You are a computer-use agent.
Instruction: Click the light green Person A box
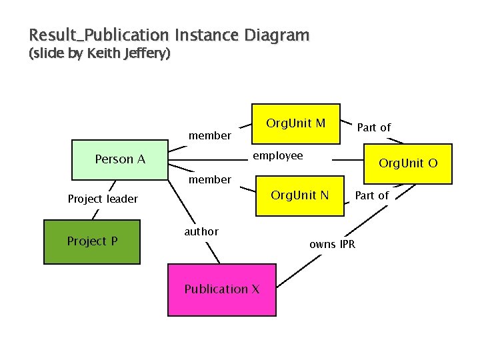tap(119, 160)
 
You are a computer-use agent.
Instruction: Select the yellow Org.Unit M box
tap(295, 123)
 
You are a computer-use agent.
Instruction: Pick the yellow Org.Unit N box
tap(299, 195)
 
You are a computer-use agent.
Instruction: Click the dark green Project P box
tap(92, 241)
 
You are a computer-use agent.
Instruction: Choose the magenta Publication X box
tap(221, 289)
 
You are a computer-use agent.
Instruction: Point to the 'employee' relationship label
tap(277, 156)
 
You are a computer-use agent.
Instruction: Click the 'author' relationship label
tap(201, 231)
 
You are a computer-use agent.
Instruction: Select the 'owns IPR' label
tap(332, 244)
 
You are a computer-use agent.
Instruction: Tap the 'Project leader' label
tap(103, 199)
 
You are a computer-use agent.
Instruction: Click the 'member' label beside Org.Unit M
tap(210, 136)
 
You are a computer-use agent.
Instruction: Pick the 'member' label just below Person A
tap(210, 179)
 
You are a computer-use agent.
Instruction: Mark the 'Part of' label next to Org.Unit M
tap(374, 127)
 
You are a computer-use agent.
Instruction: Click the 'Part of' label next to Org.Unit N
tap(371, 195)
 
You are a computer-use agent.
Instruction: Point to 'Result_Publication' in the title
tap(99, 35)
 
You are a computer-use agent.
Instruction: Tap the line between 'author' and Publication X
tap(212, 253)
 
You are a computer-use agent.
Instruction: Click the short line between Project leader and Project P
tap(97, 214)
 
